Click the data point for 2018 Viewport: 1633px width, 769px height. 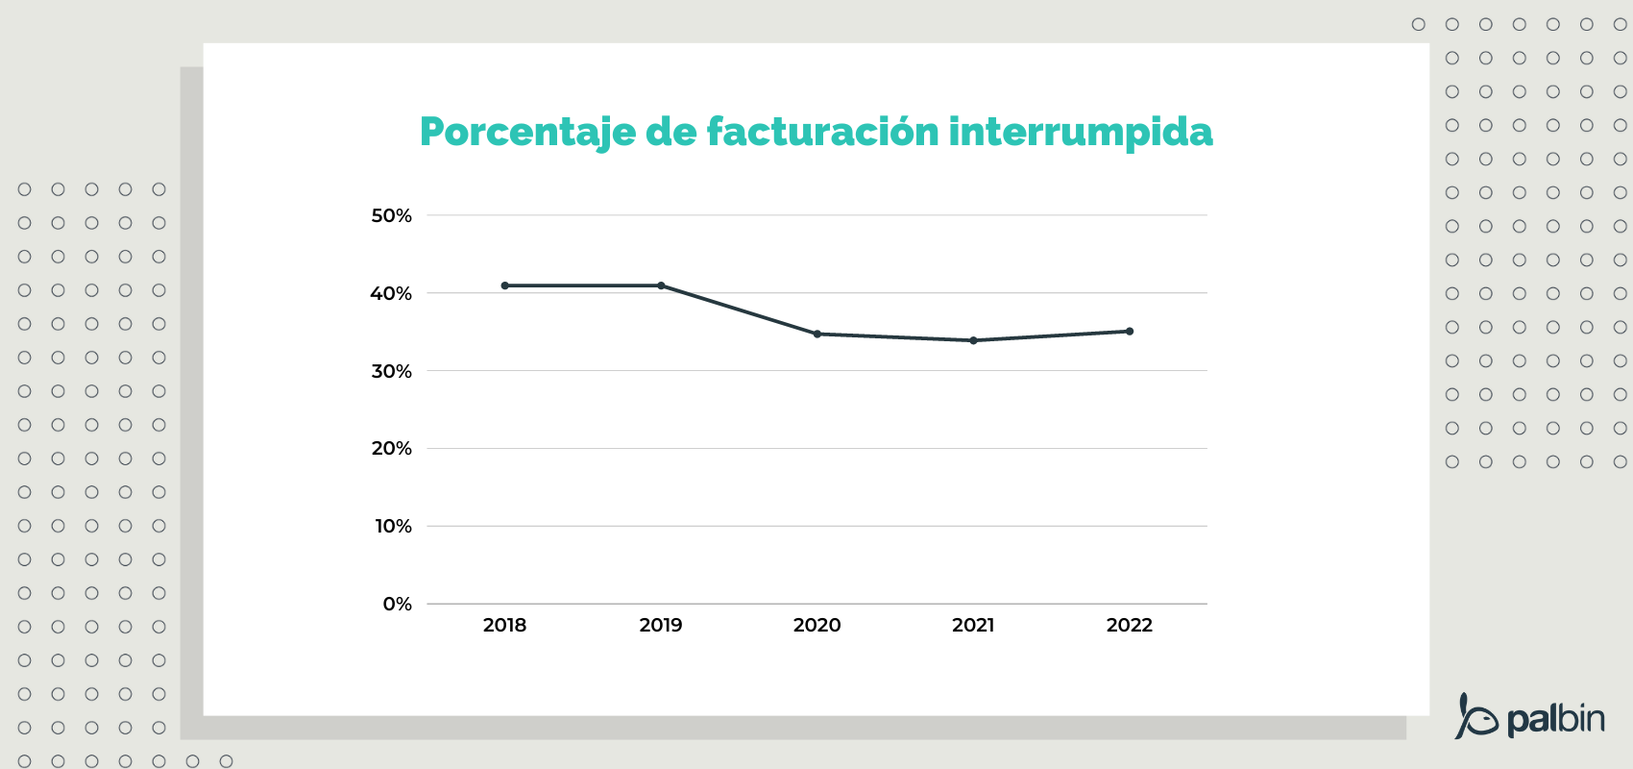pyautogui.click(x=505, y=285)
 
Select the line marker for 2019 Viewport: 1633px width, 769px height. pyautogui.click(x=661, y=285)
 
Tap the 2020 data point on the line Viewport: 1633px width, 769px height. pyautogui.click(x=817, y=335)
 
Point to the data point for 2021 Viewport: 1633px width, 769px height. pyautogui.click(x=973, y=340)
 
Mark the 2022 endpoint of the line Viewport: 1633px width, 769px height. pyautogui.click(x=1130, y=332)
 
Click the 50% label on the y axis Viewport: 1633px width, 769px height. pyautogui.click(x=391, y=215)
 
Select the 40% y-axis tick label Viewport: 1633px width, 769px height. pyautogui.click(x=391, y=293)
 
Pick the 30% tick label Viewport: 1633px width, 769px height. pyautogui.click(x=391, y=371)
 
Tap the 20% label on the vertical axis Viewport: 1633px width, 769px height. pyautogui.click(x=391, y=449)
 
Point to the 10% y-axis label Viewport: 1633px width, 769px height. pyautogui.click(x=393, y=527)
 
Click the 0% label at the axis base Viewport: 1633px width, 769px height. pyautogui.click(x=397, y=605)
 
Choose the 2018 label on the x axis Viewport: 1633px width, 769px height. pyautogui.click(x=505, y=626)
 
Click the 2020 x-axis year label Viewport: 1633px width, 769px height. pyautogui.click(x=817, y=626)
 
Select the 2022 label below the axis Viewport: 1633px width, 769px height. pyautogui.click(x=1130, y=626)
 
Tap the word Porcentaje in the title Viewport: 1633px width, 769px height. pyautogui.click(x=527, y=133)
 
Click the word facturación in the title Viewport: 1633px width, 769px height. pyautogui.click(x=822, y=133)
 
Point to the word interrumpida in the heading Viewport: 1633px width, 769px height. pyautogui.click(x=1081, y=133)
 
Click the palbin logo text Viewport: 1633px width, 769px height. pyautogui.click(x=1555, y=719)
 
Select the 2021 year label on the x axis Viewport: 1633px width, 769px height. pyautogui.click(x=973, y=626)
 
